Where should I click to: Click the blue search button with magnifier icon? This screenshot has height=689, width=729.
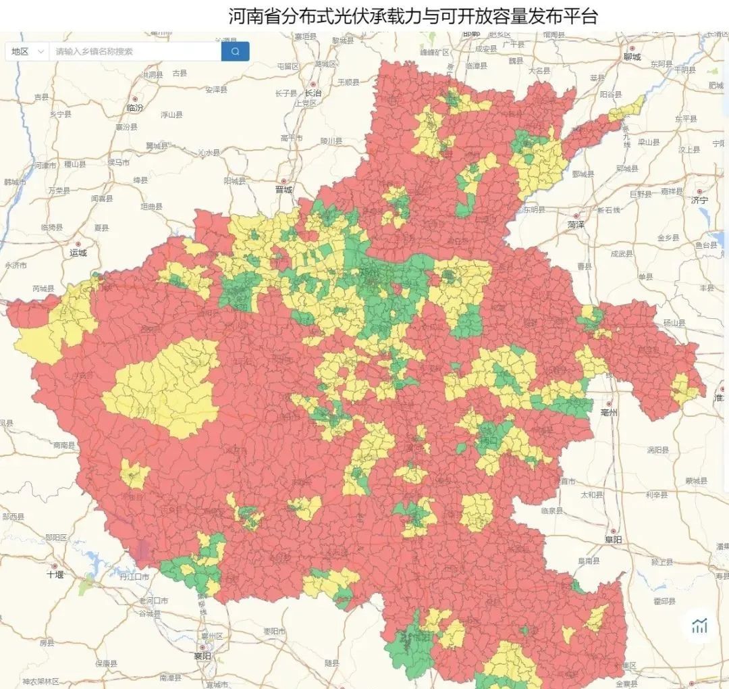coord(235,51)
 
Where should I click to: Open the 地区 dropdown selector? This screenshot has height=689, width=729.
coord(27,51)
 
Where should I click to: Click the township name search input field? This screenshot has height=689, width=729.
coord(135,51)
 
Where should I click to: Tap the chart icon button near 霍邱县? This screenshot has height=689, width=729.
coord(699,626)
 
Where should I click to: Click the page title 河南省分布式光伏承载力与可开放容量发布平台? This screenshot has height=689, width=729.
coord(412,16)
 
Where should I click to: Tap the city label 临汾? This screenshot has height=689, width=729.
coord(135,107)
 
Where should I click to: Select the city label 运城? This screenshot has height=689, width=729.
coord(78,253)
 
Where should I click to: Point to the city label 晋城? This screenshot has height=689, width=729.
coord(284,190)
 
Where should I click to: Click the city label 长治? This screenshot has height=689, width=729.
coord(313,93)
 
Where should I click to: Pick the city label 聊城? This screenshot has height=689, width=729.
coord(632,57)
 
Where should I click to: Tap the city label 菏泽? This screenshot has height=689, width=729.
coord(575,224)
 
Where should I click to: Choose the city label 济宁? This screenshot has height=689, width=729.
coord(699,200)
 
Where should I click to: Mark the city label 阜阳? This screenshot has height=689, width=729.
coord(613,540)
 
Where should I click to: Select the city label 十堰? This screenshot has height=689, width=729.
coord(55,574)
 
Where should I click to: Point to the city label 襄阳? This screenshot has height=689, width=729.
coord(202,655)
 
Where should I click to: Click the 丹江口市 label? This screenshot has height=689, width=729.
coord(134,577)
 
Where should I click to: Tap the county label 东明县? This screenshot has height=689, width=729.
coord(531,209)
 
